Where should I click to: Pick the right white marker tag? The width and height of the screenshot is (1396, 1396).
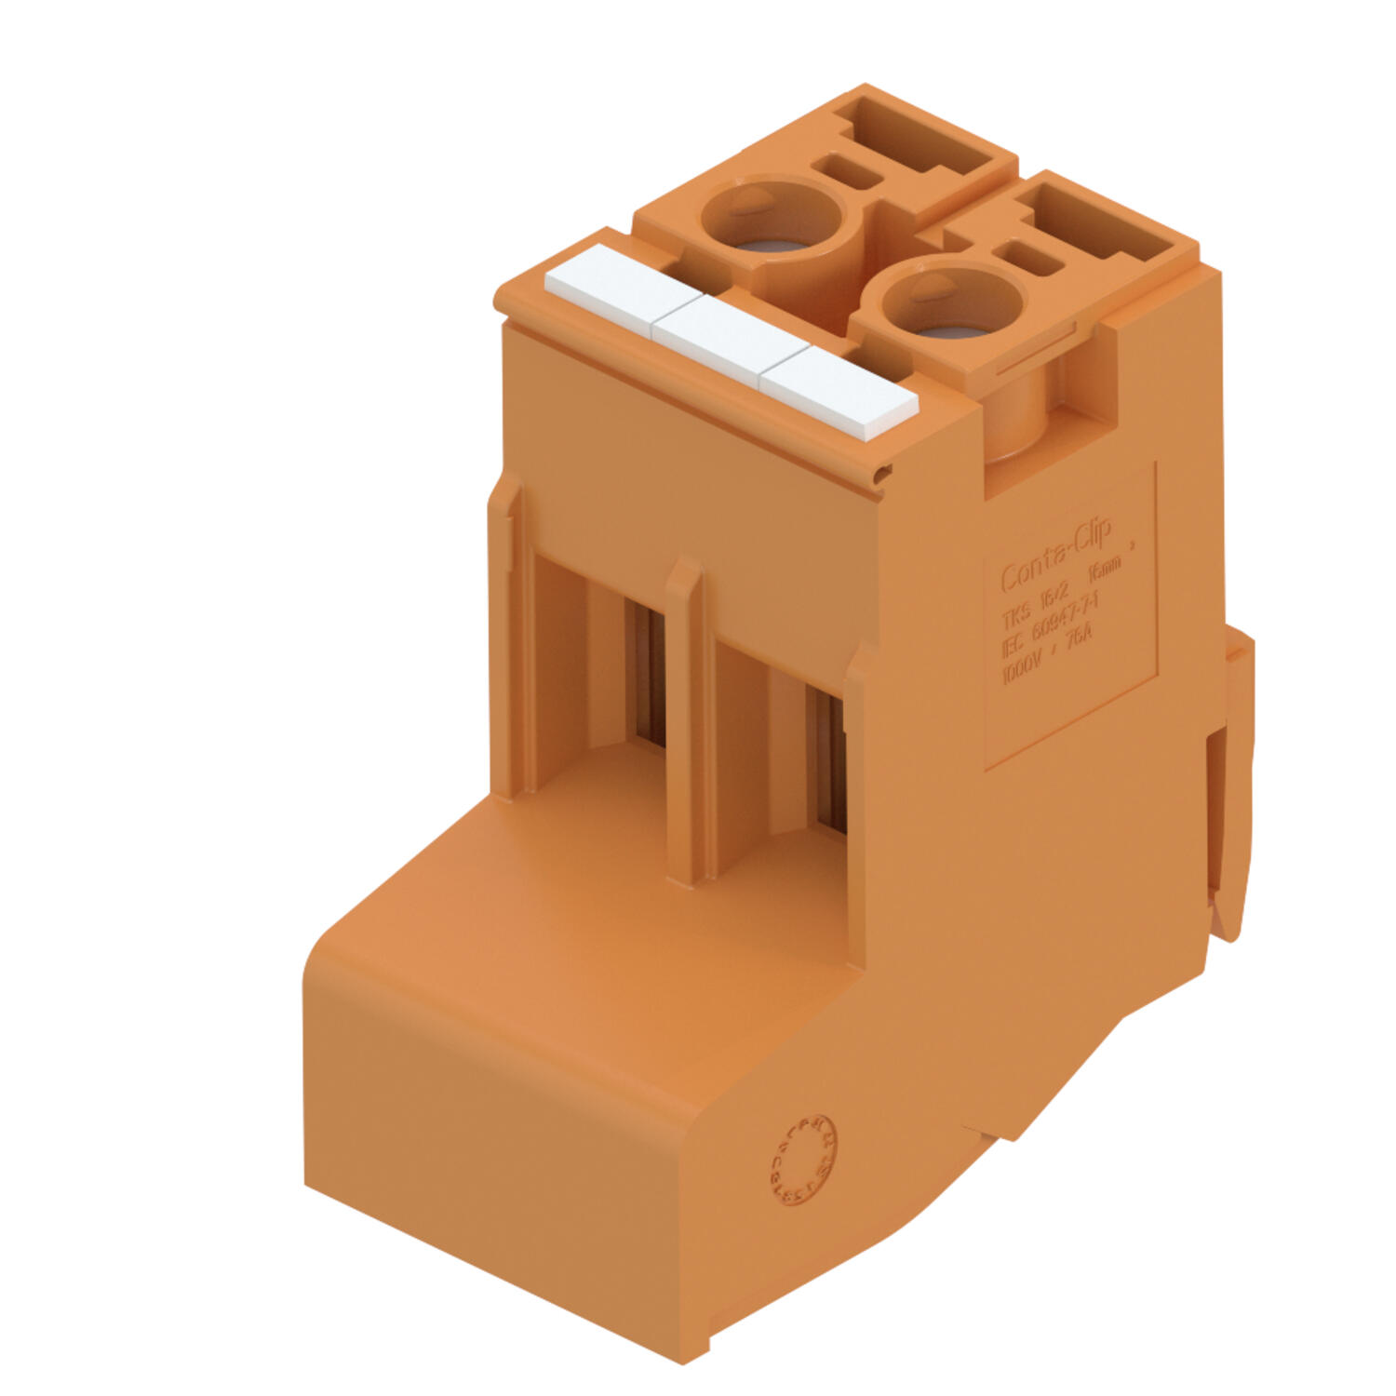point(838,395)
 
